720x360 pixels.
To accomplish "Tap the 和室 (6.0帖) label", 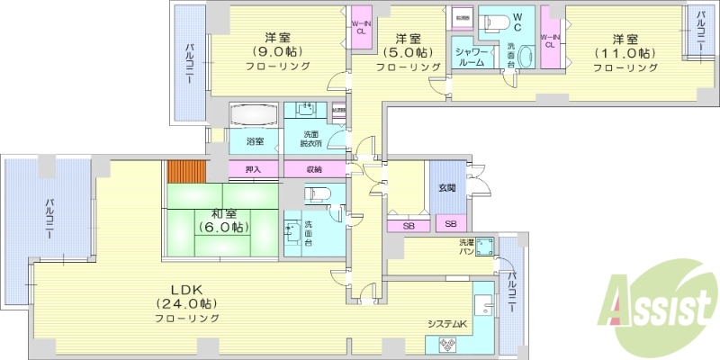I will (222, 220).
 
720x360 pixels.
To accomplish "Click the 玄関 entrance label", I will (447, 187).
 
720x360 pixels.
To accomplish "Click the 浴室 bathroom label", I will (256, 141).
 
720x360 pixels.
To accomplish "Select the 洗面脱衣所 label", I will (310, 139).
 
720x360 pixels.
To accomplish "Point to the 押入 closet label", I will (253, 169).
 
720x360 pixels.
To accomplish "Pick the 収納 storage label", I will (313, 169).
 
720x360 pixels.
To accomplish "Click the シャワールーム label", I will (471, 58).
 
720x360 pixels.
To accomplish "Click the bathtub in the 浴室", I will (256, 116).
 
